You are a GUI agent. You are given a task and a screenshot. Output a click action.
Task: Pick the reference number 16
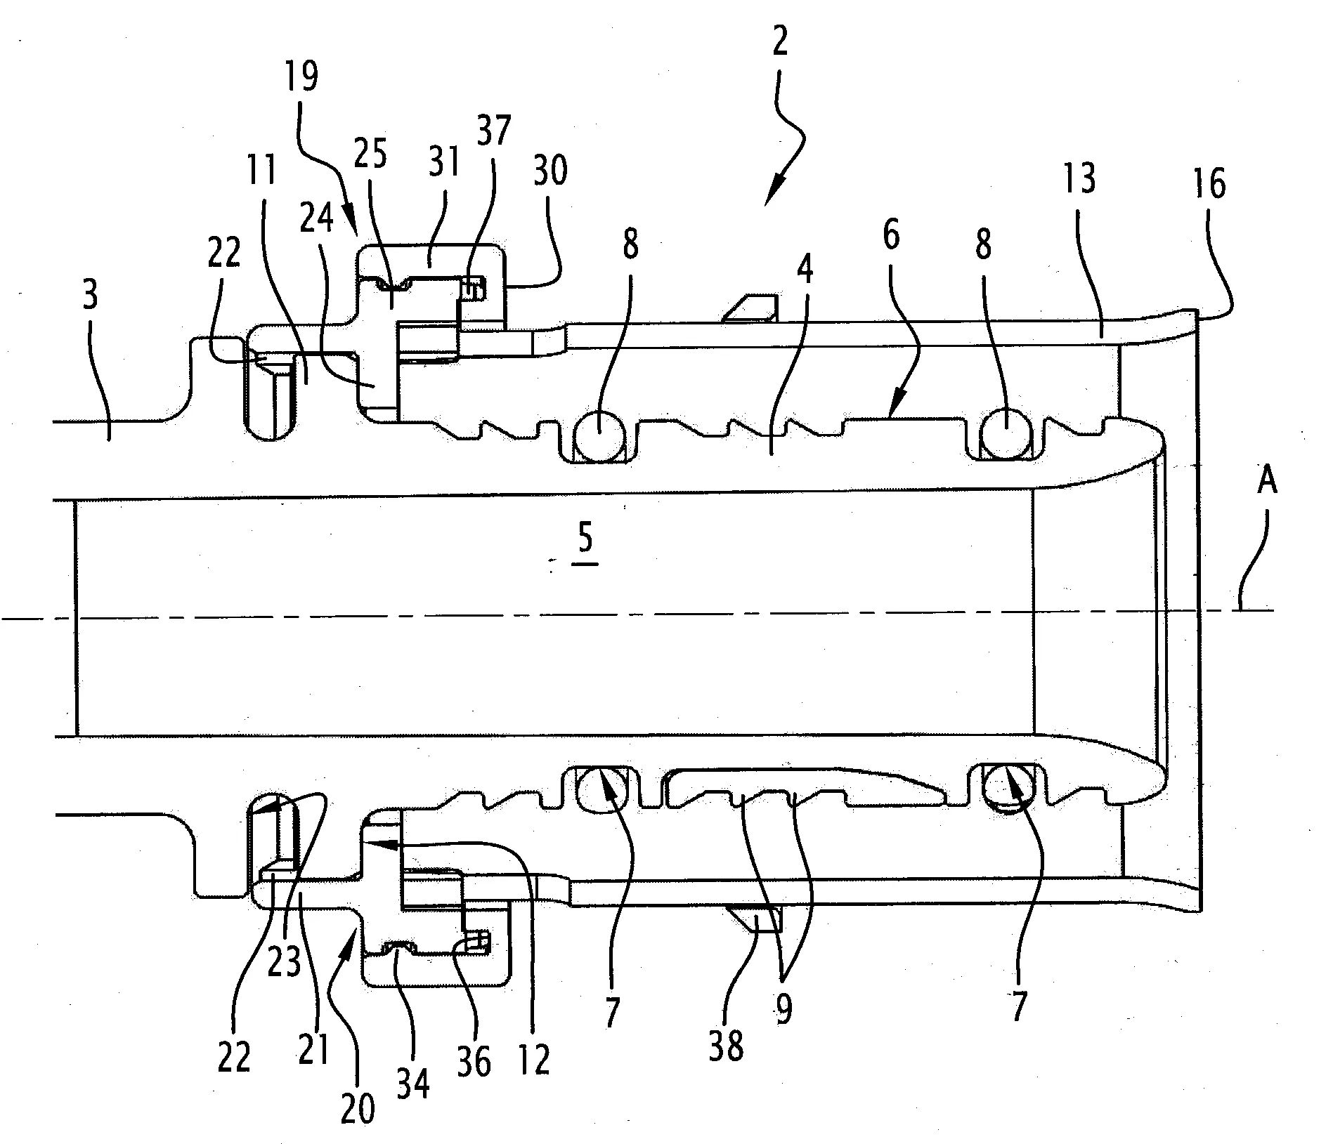1209,185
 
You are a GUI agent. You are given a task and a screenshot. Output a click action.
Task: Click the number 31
444,162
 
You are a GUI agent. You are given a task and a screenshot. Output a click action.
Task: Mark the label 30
550,170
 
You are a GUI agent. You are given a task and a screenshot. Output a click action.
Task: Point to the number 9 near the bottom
783,1009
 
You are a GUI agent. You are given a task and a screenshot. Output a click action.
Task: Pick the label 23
285,956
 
